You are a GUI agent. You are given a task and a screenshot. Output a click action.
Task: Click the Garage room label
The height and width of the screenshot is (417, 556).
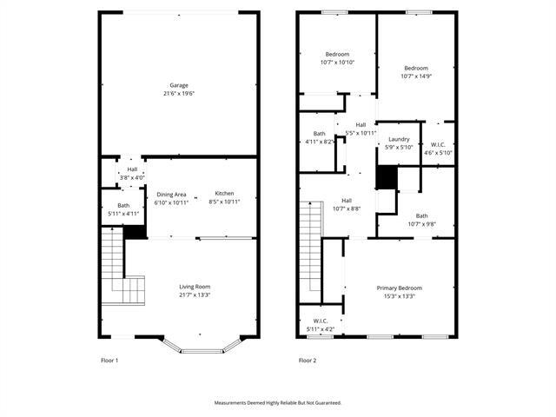point(179,85)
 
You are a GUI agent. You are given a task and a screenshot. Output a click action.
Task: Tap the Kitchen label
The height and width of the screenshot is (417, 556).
point(224,193)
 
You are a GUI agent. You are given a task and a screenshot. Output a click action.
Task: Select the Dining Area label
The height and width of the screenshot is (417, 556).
point(171,194)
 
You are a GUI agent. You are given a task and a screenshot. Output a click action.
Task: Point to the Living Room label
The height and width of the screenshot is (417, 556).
point(195,287)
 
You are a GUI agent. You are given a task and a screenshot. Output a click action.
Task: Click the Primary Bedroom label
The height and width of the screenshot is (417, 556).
point(399,288)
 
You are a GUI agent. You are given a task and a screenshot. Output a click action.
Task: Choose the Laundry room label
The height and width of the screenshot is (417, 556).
point(399,139)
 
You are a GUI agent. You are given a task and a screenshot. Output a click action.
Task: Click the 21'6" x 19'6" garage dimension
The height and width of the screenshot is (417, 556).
point(179,94)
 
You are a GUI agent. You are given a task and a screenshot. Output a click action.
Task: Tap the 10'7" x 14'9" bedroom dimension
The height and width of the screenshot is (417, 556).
point(416,76)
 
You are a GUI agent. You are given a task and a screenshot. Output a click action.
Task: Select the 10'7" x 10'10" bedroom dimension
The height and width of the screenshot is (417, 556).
point(337,63)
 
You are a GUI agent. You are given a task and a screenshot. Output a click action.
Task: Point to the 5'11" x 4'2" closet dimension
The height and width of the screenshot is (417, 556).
point(320,329)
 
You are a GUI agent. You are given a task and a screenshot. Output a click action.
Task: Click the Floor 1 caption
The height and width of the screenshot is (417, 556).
point(109,360)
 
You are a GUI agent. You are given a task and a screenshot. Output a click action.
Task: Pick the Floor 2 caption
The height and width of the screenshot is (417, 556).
point(307,360)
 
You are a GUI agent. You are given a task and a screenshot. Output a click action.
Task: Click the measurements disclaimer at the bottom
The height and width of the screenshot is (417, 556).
point(278,402)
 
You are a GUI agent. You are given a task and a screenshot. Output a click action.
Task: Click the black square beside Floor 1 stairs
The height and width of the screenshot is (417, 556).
point(135,232)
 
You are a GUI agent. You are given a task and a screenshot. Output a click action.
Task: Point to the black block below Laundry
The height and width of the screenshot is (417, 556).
point(387,177)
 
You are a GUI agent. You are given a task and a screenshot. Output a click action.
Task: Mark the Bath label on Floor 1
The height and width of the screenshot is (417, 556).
point(111,205)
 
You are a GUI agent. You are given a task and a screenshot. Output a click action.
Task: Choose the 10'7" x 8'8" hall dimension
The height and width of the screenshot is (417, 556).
point(346,208)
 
